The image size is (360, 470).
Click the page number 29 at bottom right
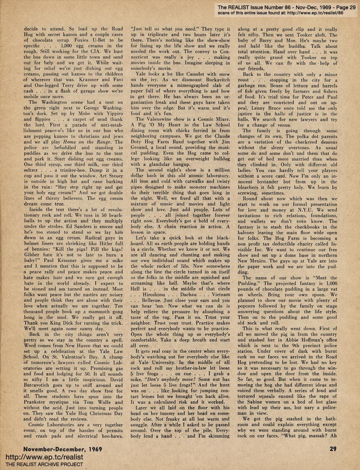[333, 448]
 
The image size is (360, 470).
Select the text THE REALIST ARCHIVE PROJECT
[45, 464]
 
